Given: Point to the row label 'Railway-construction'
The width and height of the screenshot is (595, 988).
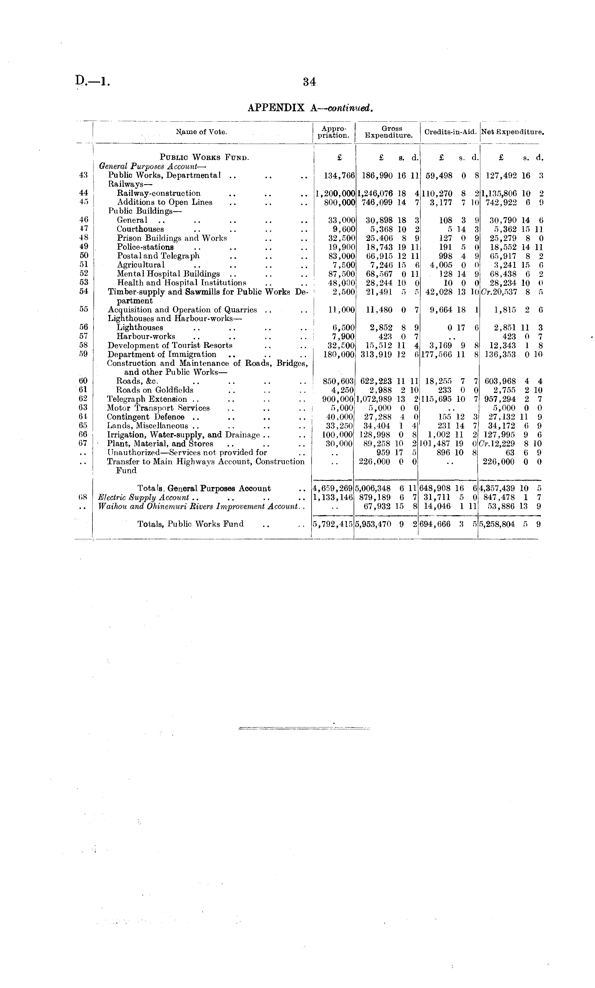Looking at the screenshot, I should tap(159, 193).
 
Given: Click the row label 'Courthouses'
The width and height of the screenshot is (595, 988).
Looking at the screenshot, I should tap(140, 229).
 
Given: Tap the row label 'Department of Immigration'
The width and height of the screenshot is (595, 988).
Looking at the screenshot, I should tap(162, 354).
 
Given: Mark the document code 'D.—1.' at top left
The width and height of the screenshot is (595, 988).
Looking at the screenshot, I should tap(92, 81).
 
